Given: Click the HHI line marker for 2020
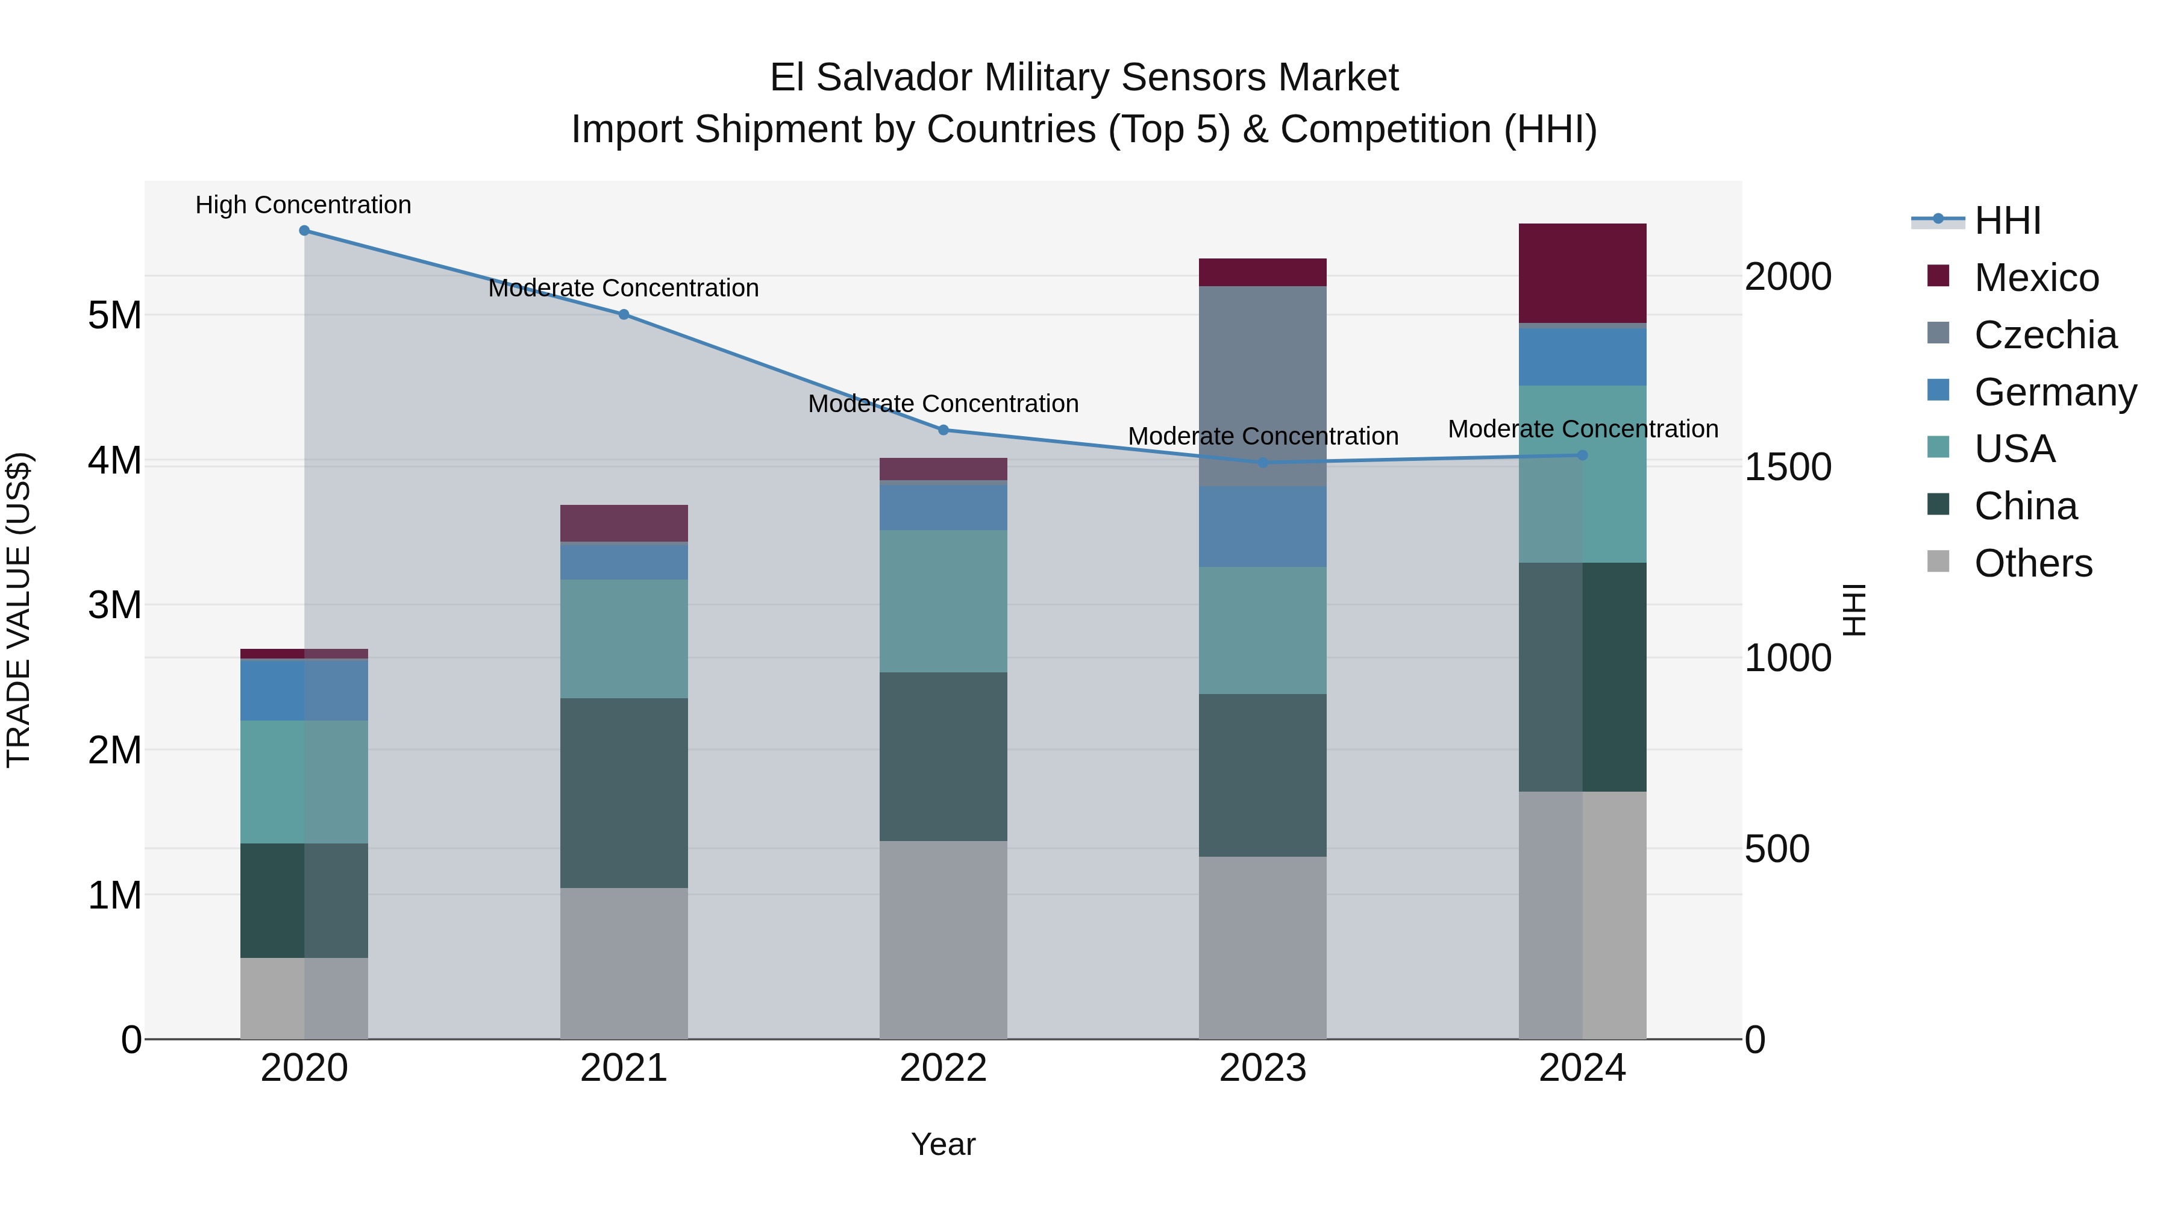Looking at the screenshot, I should click(304, 231).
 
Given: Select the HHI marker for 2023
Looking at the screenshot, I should click(1262, 462).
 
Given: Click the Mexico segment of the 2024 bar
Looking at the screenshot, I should click(1582, 273).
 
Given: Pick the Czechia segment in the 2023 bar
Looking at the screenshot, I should click(1262, 386).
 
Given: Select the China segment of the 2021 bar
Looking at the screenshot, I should click(624, 792).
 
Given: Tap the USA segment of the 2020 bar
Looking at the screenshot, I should click(304, 781).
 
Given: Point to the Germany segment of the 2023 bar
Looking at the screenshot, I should click(1262, 526).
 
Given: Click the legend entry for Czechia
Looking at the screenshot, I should click(2044, 335).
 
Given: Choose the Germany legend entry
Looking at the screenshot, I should click(2055, 392).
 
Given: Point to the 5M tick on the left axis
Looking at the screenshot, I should click(114, 316).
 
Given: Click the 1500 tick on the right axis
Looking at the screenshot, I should click(1787, 468).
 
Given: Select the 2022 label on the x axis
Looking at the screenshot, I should click(943, 1068).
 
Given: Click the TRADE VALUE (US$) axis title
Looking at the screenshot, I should click(19, 610).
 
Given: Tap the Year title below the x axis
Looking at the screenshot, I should click(943, 1144).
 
